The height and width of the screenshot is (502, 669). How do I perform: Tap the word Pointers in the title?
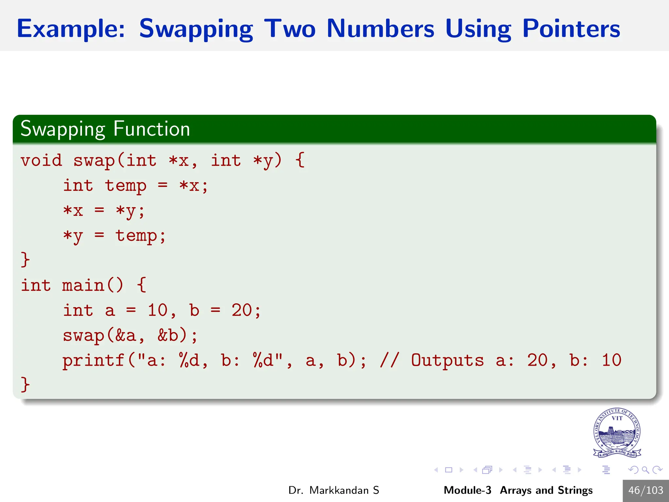click(x=571, y=29)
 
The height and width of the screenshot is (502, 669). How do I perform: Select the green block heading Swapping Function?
click(x=105, y=129)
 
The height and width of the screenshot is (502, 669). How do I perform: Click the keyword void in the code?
click(x=41, y=160)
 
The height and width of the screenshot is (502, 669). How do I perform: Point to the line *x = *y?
click(x=104, y=211)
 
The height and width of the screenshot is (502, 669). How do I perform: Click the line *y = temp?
click(x=114, y=236)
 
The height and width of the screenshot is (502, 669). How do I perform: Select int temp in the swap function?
click(x=105, y=186)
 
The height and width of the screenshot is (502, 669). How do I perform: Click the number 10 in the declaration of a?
click(x=157, y=310)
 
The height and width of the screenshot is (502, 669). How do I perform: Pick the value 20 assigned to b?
click(x=242, y=310)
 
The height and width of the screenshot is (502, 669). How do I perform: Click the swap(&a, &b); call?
click(x=130, y=335)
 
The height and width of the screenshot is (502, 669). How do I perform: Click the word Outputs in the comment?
click(x=447, y=360)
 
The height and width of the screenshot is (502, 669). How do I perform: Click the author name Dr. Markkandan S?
click(x=334, y=490)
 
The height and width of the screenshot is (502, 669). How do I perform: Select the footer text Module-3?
click(x=467, y=490)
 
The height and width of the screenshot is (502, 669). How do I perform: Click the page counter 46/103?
click(x=645, y=490)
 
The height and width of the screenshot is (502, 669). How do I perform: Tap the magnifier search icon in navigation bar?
click(x=645, y=470)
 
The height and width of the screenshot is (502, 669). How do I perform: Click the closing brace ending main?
click(x=25, y=384)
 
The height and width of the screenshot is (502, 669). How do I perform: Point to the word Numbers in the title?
click(x=380, y=29)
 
